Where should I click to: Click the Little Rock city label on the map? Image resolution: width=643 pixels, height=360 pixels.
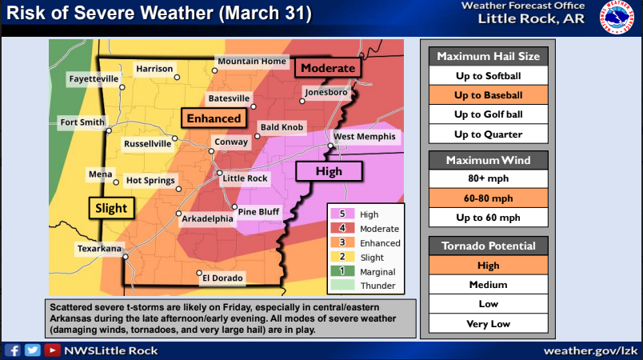tap(246, 178)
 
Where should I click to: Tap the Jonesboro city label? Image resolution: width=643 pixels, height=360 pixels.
tap(325, 93)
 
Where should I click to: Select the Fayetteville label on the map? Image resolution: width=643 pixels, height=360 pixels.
tap(94, 79)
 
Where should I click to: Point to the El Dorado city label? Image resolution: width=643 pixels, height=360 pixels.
tap(222, 278)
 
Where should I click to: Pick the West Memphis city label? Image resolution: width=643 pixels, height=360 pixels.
tap(364, 137)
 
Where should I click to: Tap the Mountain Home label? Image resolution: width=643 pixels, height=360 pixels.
tap(251, 62)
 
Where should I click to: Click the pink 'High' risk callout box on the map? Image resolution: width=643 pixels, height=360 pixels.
tap(329, 171)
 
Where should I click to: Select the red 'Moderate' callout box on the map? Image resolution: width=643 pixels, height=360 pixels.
tap(328, 68)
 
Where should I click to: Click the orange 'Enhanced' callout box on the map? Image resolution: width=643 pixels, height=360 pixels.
tap(214, 118)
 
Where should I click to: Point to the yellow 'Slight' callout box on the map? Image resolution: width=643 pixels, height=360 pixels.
tap(111, 208)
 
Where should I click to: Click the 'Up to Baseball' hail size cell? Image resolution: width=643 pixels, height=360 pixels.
tap(488, 95)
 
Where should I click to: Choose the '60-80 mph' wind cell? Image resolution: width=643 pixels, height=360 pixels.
tap(488, 198)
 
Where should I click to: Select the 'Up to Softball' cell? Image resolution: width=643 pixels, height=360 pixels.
tap(488, 76)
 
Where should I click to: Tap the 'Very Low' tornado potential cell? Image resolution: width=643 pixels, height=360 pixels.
tap(488, 324)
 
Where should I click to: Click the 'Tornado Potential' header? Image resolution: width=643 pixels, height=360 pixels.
tap(488, 246)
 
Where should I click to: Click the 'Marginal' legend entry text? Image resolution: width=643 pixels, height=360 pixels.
tap(377, 272)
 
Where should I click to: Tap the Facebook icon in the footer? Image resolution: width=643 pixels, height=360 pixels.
tap(14, 350)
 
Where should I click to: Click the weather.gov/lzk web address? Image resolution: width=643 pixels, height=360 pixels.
tap(589, 350)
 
